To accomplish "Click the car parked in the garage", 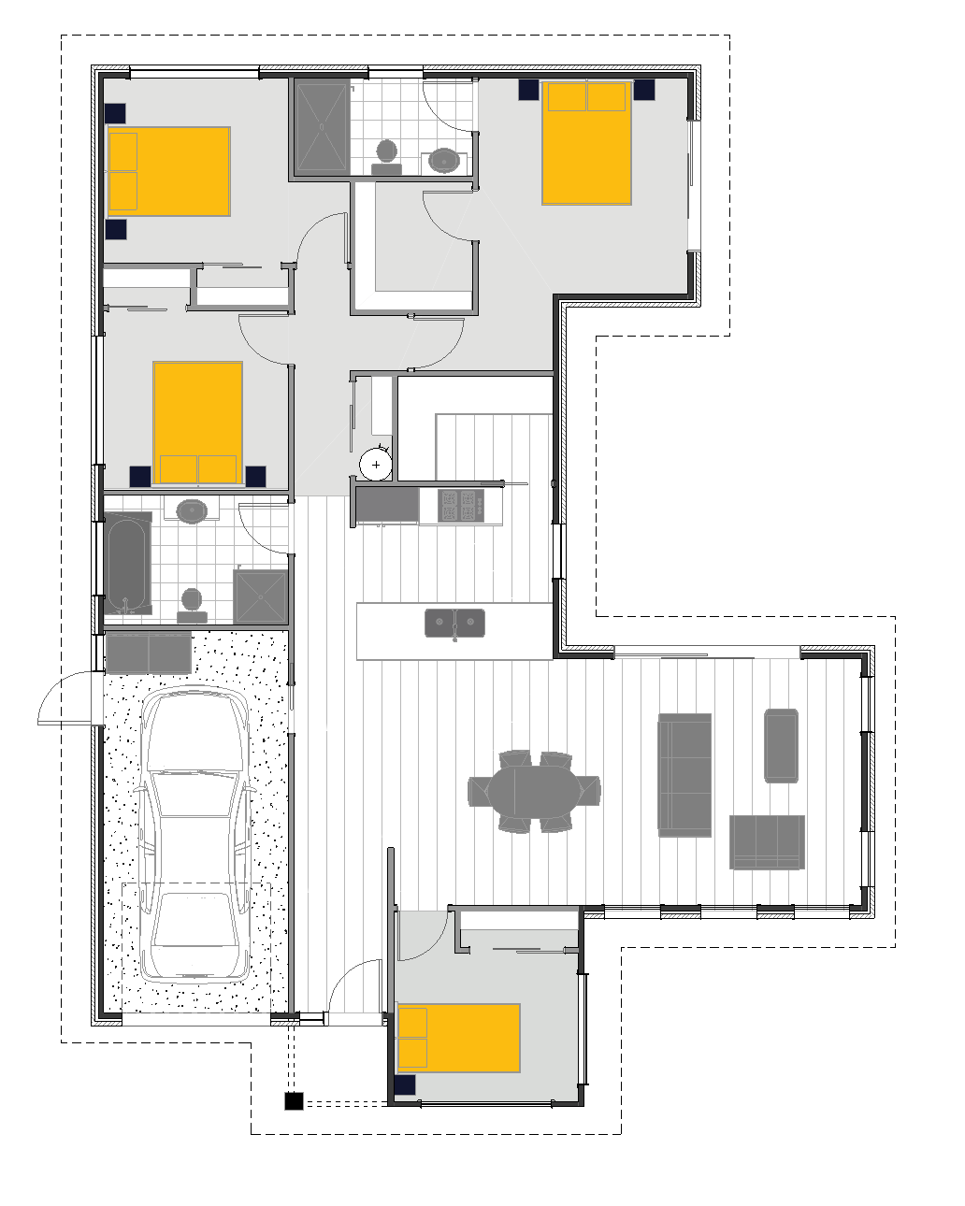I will coord(195,837).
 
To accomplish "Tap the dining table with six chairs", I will coord(535,790).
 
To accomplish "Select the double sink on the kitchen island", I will coord(455,623).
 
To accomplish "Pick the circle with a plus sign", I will coord(377,464).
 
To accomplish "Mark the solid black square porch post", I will coord(294,1101).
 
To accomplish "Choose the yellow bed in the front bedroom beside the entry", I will coord(458,1038).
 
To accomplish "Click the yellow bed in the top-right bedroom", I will coord(586,143).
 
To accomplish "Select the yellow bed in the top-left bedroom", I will coord(168,171).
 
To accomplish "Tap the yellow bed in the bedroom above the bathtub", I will coord(198,423).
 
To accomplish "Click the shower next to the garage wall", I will coord(260,596).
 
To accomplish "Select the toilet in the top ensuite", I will coord(386,156).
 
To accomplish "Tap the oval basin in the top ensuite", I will coord(444,161).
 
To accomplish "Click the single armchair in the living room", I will coord(781,745).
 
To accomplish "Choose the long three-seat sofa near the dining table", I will coord(684,774).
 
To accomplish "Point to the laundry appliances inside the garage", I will coord(149,653).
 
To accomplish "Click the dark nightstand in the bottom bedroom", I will coord(405,1085).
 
